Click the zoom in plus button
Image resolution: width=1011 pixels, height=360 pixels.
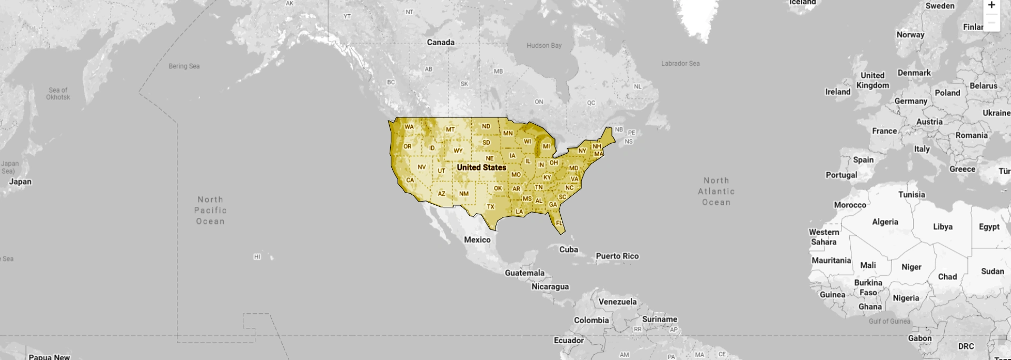point(991,6)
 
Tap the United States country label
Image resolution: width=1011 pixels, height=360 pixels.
point(481,167)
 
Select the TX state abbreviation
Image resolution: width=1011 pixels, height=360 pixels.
point(491,207)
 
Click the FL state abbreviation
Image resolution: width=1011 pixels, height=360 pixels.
point(559,223)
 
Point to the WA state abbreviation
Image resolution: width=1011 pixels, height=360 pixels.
point(409,127)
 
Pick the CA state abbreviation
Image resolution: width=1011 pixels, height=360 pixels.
point(410,180)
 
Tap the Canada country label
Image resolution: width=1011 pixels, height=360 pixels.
point(441,43)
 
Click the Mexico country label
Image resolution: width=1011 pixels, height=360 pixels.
point(477,240)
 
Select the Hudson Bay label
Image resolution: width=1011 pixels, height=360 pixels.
point(544,46)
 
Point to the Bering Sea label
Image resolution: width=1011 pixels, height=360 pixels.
point(184,66)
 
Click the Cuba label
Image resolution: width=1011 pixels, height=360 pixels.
point(569,249)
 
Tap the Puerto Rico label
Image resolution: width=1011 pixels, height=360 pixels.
point(617,256)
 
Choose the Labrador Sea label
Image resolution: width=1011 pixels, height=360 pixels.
point(680,64)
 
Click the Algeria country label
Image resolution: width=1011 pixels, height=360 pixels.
point(885,222)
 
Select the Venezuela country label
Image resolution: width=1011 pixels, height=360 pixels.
point(618,302)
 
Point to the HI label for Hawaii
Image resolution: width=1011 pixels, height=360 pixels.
point(257,257)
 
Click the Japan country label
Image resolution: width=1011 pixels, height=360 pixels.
point(21,182)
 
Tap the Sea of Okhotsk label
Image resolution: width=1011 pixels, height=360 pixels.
point(58,94)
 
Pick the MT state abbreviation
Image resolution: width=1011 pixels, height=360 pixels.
point(450,129)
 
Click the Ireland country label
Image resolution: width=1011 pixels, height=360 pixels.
point(838,92)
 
